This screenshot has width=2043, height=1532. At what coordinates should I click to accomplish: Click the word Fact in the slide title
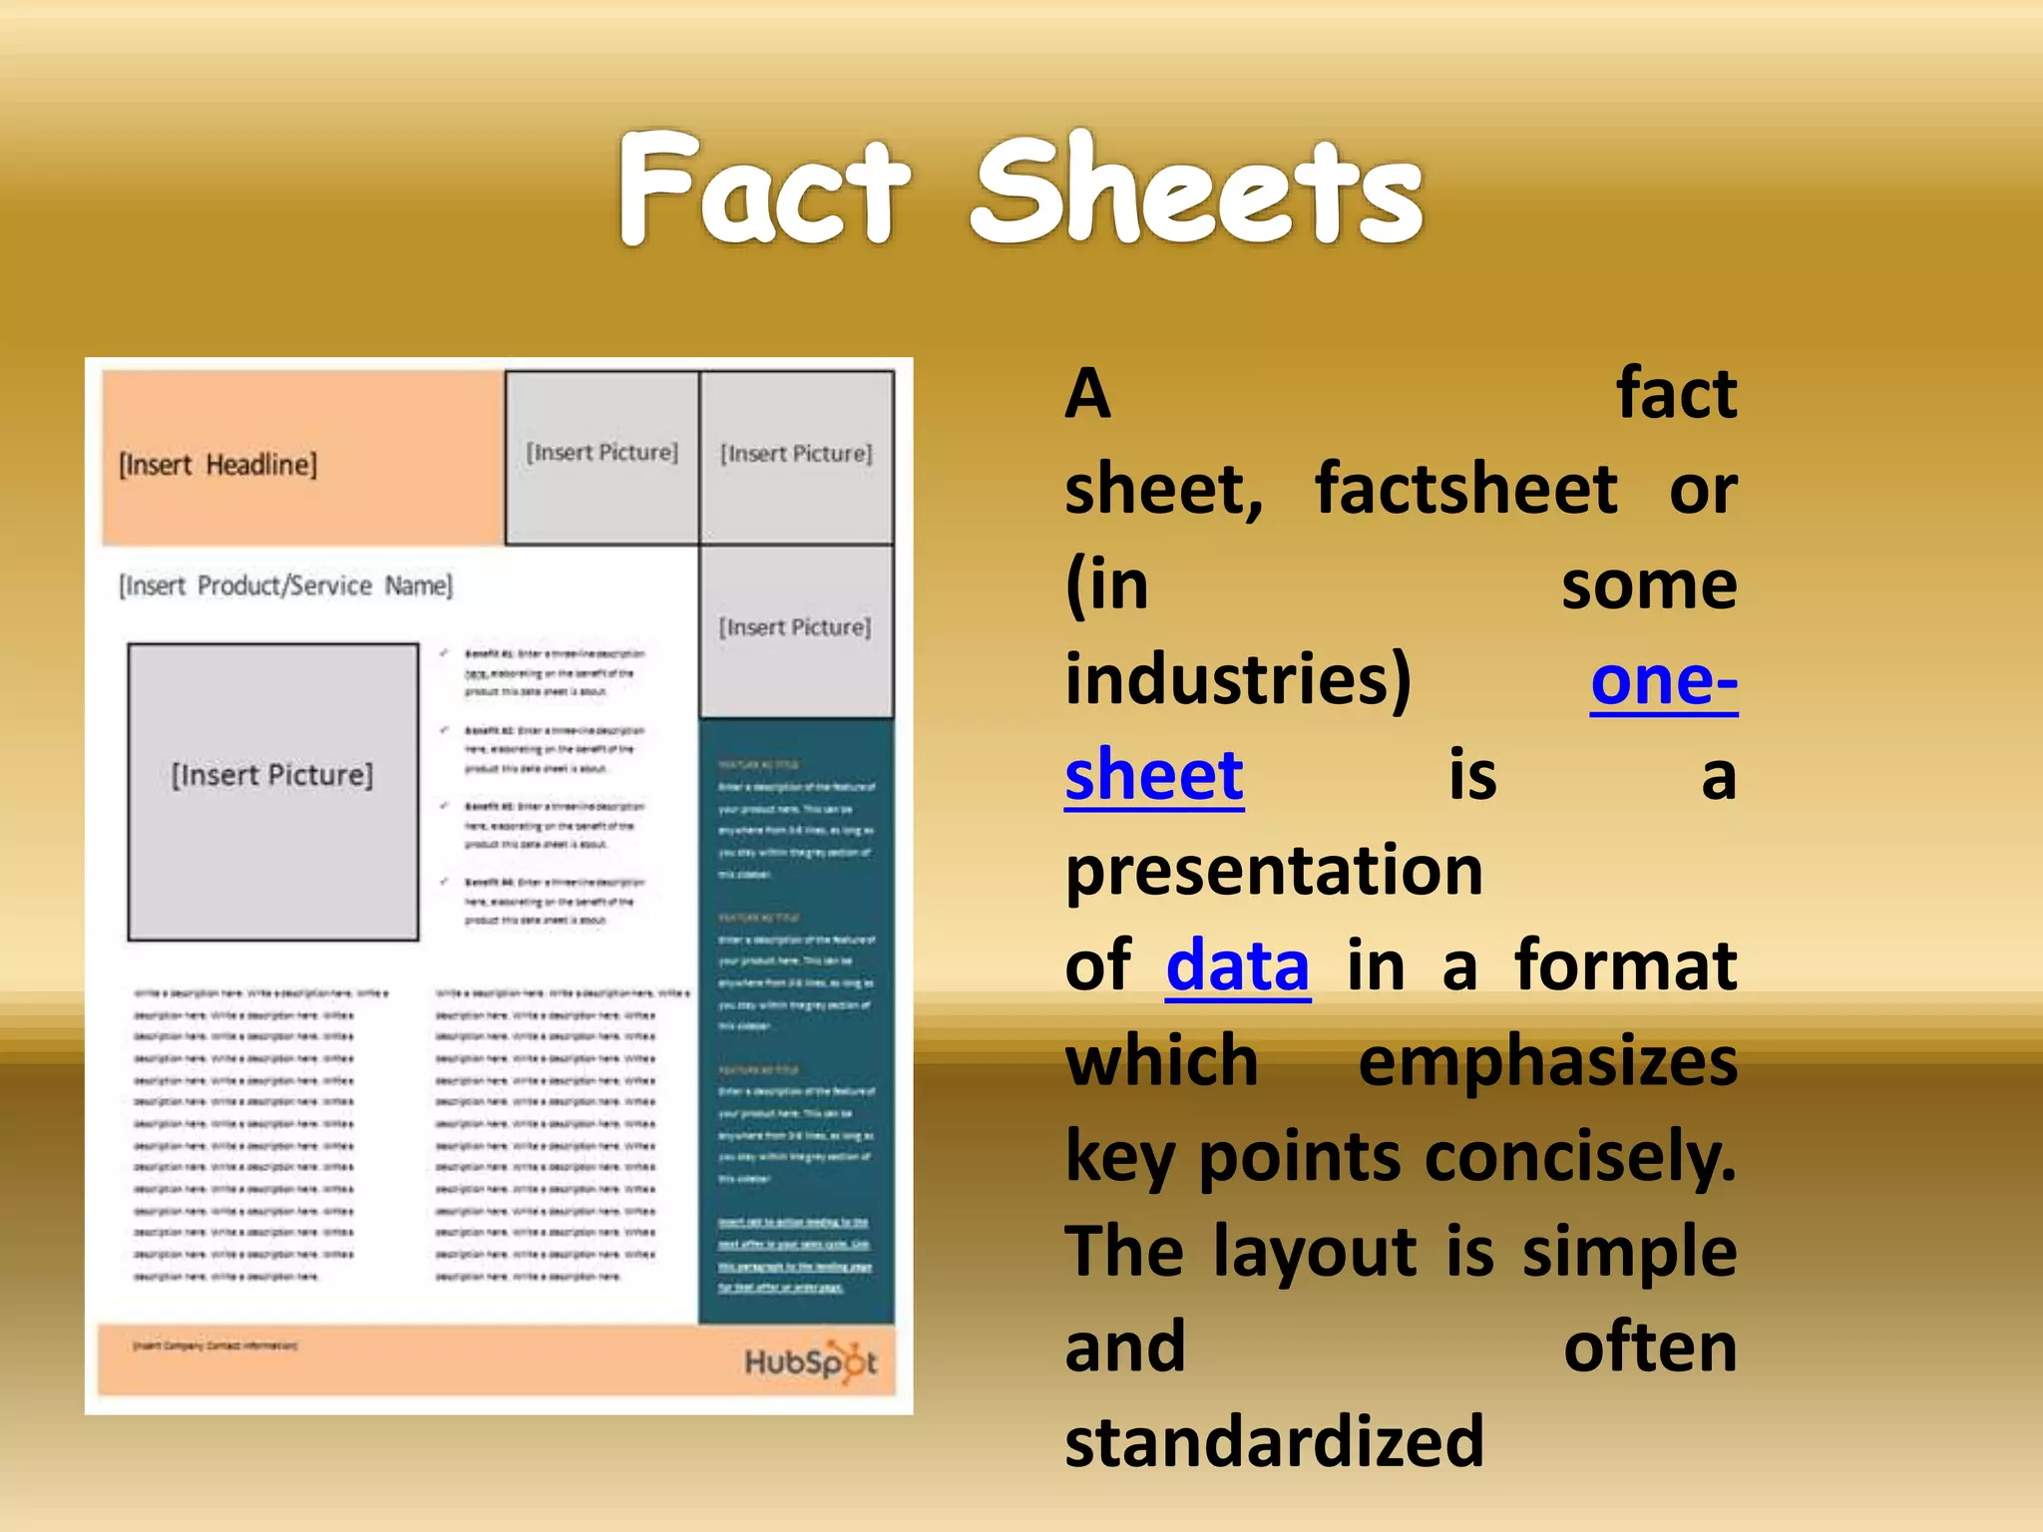coord(763,190)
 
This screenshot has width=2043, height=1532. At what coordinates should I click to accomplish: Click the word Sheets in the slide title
coord(1197,190)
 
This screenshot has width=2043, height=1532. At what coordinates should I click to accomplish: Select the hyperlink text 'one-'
coord(1664,680)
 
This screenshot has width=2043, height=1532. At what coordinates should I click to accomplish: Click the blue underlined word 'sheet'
coord(1154,775)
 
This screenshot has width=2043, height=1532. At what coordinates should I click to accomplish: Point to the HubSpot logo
coord(810,1362)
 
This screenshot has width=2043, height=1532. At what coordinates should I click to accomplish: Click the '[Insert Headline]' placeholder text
coord(217,465)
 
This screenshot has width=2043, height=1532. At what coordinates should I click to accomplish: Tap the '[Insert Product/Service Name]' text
coord(285,585)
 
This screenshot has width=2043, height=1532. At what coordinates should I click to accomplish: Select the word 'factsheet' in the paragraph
coord(1466,490)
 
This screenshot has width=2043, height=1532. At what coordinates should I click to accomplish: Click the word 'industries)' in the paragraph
coord(1238,680)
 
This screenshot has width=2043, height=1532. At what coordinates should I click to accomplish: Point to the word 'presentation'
coord(1274,870)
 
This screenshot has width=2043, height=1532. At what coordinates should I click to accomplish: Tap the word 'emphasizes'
coord(1547,1060)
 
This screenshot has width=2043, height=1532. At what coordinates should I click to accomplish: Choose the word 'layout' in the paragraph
coord(1315,1252)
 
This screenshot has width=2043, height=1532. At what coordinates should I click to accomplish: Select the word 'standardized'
coord(1274,1441)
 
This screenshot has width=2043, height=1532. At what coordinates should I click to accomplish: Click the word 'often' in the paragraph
coord(1650,1346)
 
